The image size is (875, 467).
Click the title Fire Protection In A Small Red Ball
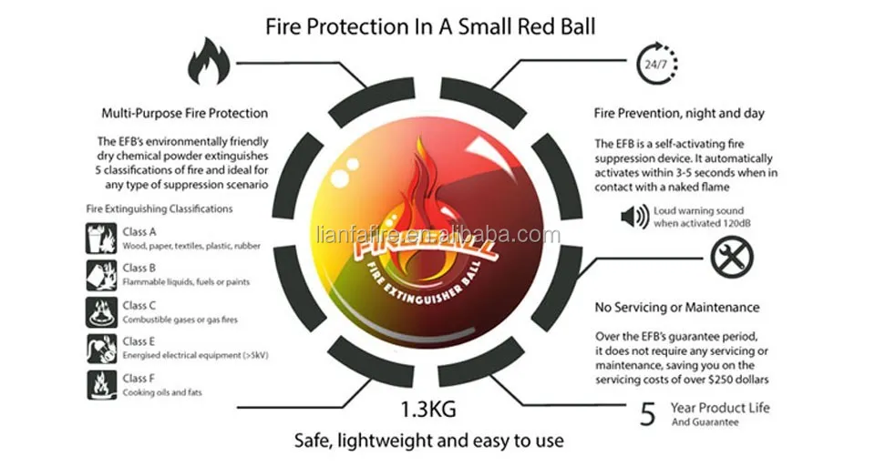tap(430, 25)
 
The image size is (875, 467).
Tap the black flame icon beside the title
tap(209, 62)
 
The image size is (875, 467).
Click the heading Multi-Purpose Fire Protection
tap(184, 114)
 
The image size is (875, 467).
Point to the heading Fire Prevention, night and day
tap(679, 114)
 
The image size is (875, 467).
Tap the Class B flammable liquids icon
tap(100, 274)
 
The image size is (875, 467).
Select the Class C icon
tap(100, 311)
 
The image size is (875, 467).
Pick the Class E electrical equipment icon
tap(100, 348)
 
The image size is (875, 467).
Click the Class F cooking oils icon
tap(100, 383)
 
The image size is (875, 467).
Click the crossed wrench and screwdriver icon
tap(731, 259)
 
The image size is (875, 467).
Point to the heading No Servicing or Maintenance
tap(677, 307)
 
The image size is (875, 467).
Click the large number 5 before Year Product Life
tap(648, 414)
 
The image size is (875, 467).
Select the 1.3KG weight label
tap(427, 407)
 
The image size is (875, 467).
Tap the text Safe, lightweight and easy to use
tap(428, 442)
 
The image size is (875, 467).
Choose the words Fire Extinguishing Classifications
tap(160, 208)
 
